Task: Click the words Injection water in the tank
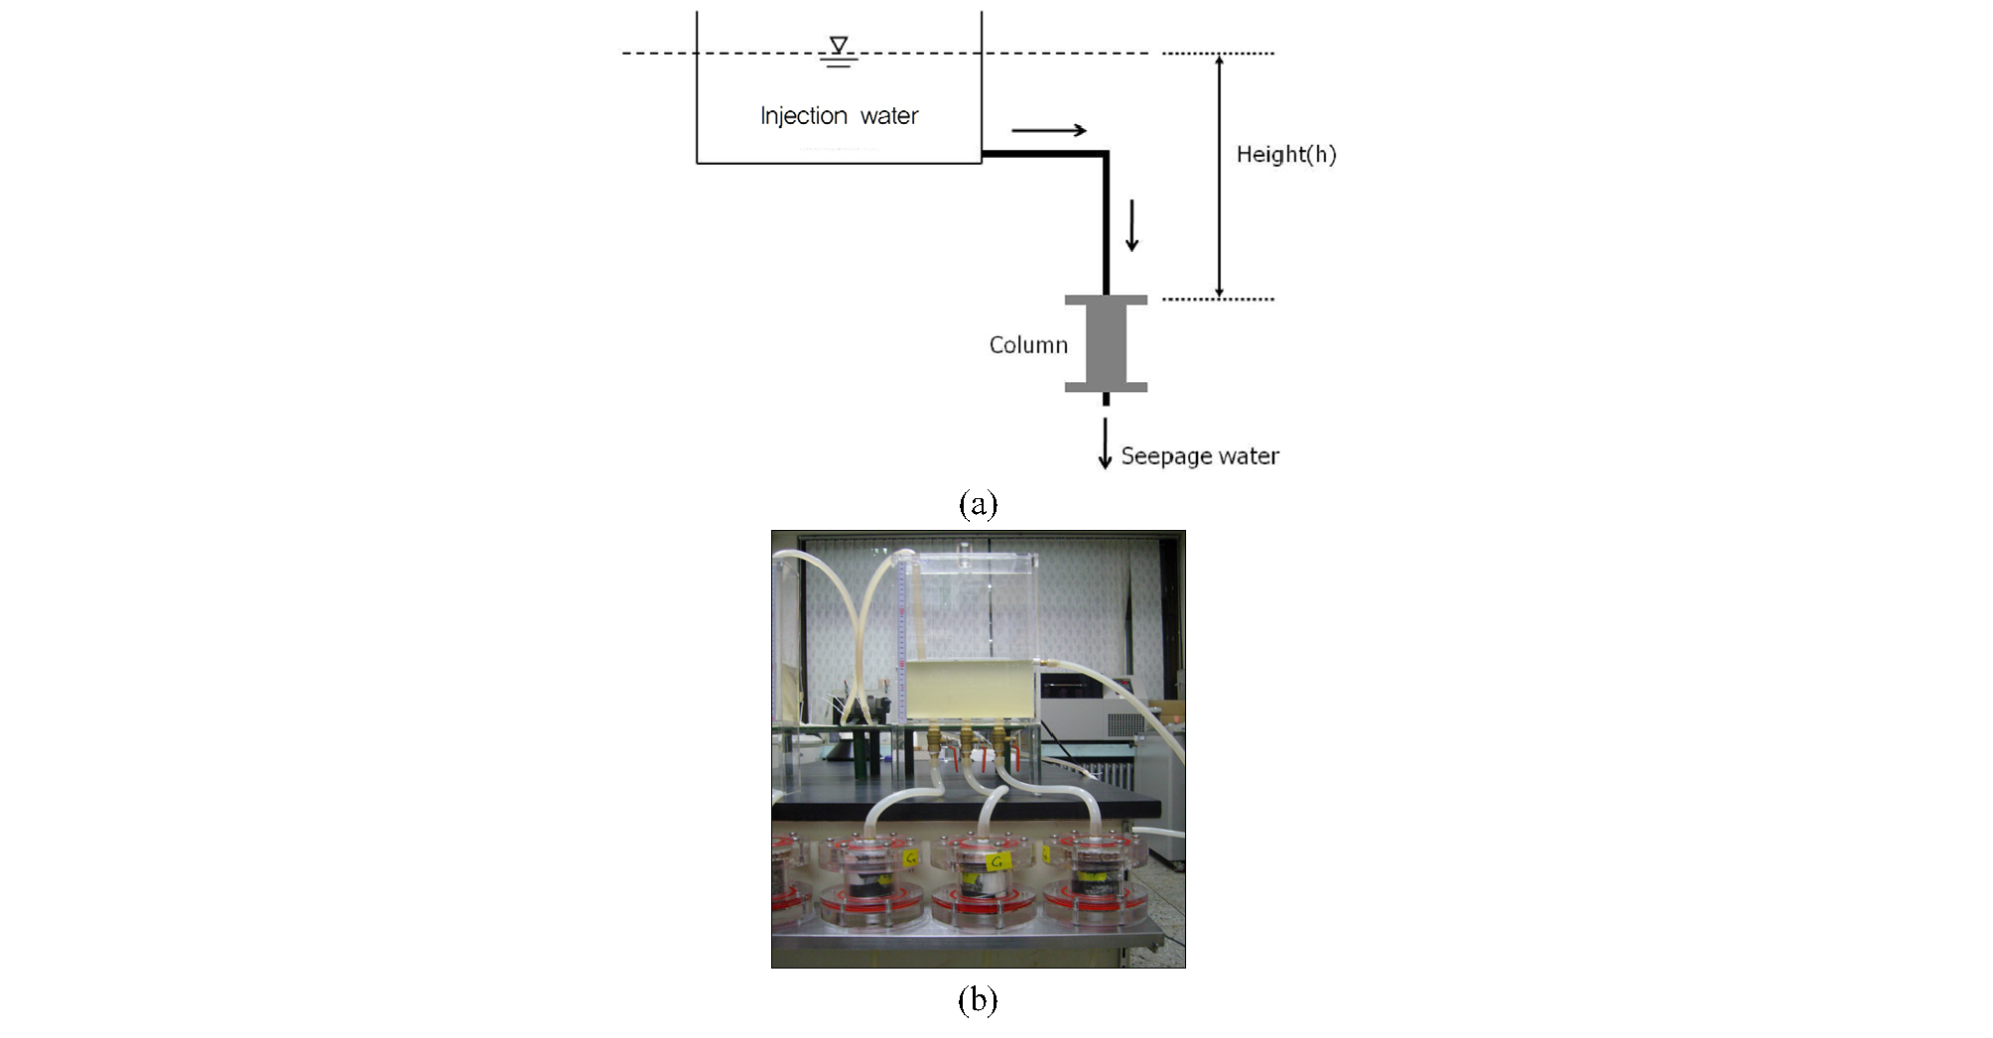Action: pos(839,116)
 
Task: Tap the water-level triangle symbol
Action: pos(839,45)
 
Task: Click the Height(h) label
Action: pos(1286,154)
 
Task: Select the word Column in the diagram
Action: pos(1028,344)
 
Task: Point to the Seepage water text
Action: pos(1200,455)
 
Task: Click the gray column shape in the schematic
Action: pos(1106,343)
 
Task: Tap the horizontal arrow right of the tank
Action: pos(1049,130)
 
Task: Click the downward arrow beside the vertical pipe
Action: pos(1131,225)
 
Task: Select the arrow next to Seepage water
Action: pos(1105,443)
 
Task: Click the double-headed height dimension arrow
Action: pos(1219,176)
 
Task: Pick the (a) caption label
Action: pos(978,504)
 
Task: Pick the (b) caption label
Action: pos(978,999)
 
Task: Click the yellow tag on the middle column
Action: pos(997,861)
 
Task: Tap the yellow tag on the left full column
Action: pos(910,857)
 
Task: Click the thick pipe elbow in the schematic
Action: pos(1105,155)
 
